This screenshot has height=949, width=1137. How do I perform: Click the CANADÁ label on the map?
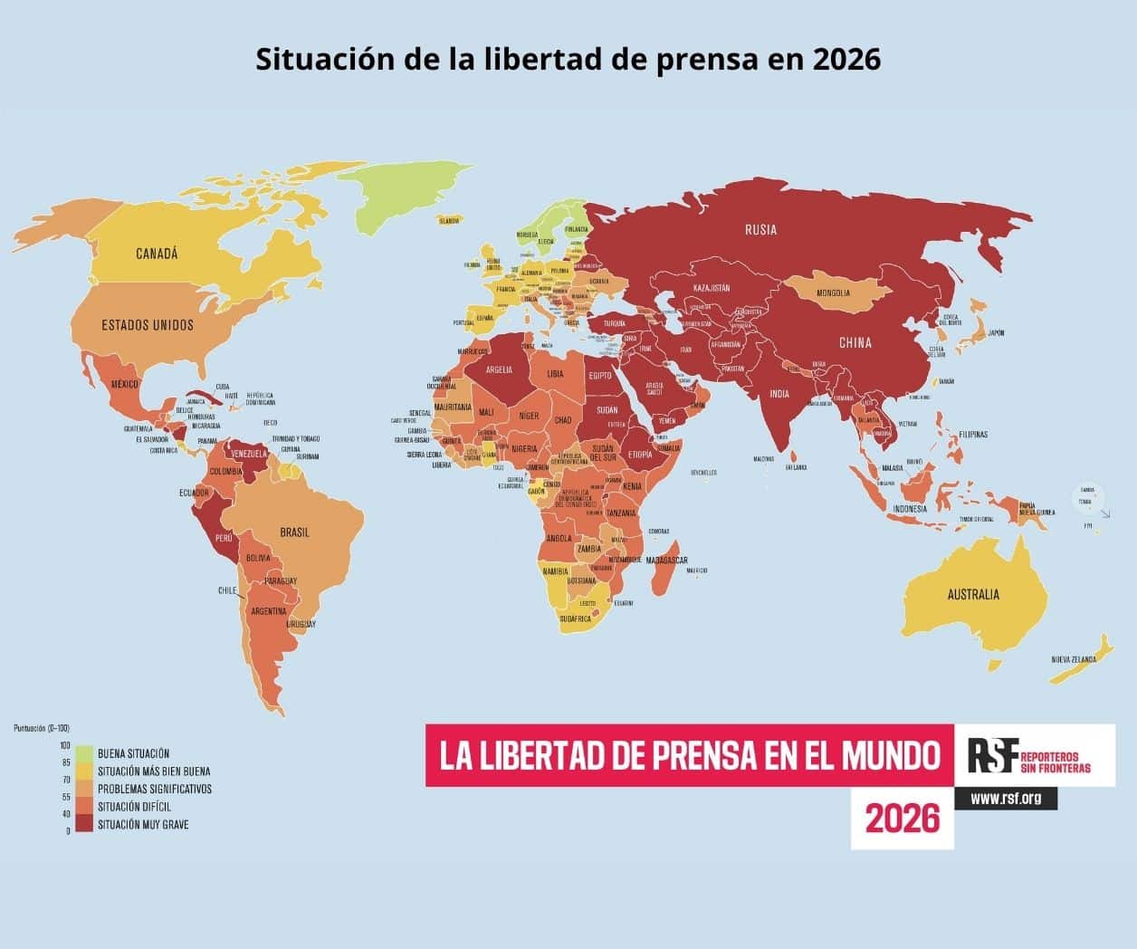point(157,254)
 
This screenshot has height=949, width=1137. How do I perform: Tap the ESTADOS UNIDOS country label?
point(148,324)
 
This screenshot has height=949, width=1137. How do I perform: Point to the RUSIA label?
point(760,230)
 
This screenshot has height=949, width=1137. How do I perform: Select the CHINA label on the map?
point(855,342)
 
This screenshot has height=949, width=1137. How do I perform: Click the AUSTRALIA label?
point(973,594)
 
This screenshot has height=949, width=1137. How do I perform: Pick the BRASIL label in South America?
point(294,532)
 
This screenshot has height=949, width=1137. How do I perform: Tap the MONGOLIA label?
point(833,292)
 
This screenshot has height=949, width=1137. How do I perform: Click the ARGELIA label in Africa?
point(500,369)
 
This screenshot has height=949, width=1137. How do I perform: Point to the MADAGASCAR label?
point(671,561)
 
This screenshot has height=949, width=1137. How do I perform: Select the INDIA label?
point(779,394)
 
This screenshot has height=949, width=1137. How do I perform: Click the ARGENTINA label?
point(269,610)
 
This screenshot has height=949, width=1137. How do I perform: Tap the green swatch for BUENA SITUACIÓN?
point(84,753)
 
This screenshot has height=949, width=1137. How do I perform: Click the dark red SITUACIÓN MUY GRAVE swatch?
point(84,824)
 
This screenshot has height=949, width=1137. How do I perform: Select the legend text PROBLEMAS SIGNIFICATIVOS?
point(154,789)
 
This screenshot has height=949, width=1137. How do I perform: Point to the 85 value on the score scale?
point(66,762)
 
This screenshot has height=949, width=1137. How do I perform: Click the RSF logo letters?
point(993,755)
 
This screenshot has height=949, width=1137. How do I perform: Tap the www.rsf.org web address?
point(1005,799)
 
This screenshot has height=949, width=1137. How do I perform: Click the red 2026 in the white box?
point(903,819)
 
